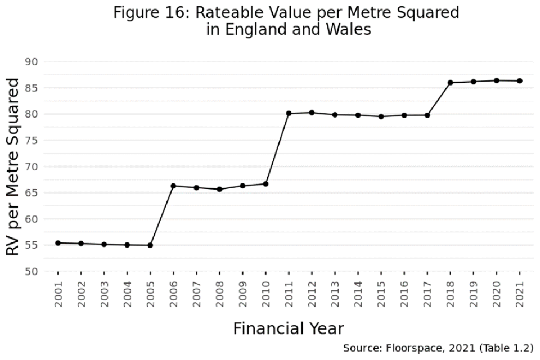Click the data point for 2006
pyautogui.click(x=173, y=186)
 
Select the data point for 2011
pyautogui.click(x=289, y=113)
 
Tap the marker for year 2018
pyautogui.click(x=450, y=83)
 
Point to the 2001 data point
pyautogui.click(x=58, y=243)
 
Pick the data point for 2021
pyautogui.click(x=519, y=81)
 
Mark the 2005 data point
pyautogui.click(x=150, y=245)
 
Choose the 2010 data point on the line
pyautogui.click(x=265, y=184)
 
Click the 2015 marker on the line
pyautogui.click(x=381, y=116)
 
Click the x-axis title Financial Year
pyautogui.click(x=289, y=328)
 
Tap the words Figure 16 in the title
pyautogui.click(x=149, y=13)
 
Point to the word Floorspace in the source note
pyautogui.click(x=409, y=348)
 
